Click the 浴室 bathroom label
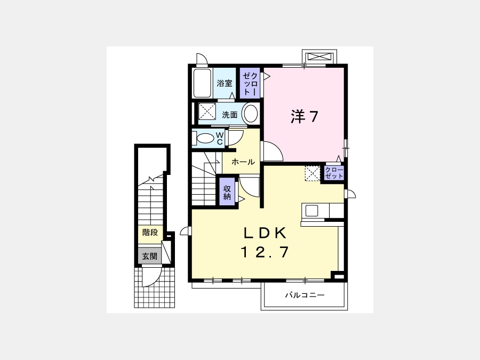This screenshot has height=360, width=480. click(225, 83)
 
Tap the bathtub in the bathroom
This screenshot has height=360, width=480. click(202, 83)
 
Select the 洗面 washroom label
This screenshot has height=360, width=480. click(230, 115)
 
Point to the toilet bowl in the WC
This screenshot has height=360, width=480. click(205, 139)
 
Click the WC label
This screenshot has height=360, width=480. click(220, 138)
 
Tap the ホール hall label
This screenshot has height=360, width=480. click(243, 162)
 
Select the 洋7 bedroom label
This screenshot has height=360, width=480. click(305, 116)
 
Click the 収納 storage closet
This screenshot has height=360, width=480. click(227, 192)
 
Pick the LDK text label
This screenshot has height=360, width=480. click(265, 233)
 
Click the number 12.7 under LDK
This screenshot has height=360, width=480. click(265, 252)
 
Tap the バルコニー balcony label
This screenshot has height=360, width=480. click(305, 295)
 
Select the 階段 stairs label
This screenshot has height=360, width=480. click(150, 233)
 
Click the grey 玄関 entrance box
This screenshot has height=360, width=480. click(149, 256)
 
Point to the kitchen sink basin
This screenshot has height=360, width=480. click(311, 211)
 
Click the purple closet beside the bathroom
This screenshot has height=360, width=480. click(250, 83)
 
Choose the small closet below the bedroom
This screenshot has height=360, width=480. click(334, 173)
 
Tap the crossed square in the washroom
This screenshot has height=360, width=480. click(207, 111)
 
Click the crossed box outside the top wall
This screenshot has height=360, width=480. click(319, 57)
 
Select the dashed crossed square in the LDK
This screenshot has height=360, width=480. click(312, 173)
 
